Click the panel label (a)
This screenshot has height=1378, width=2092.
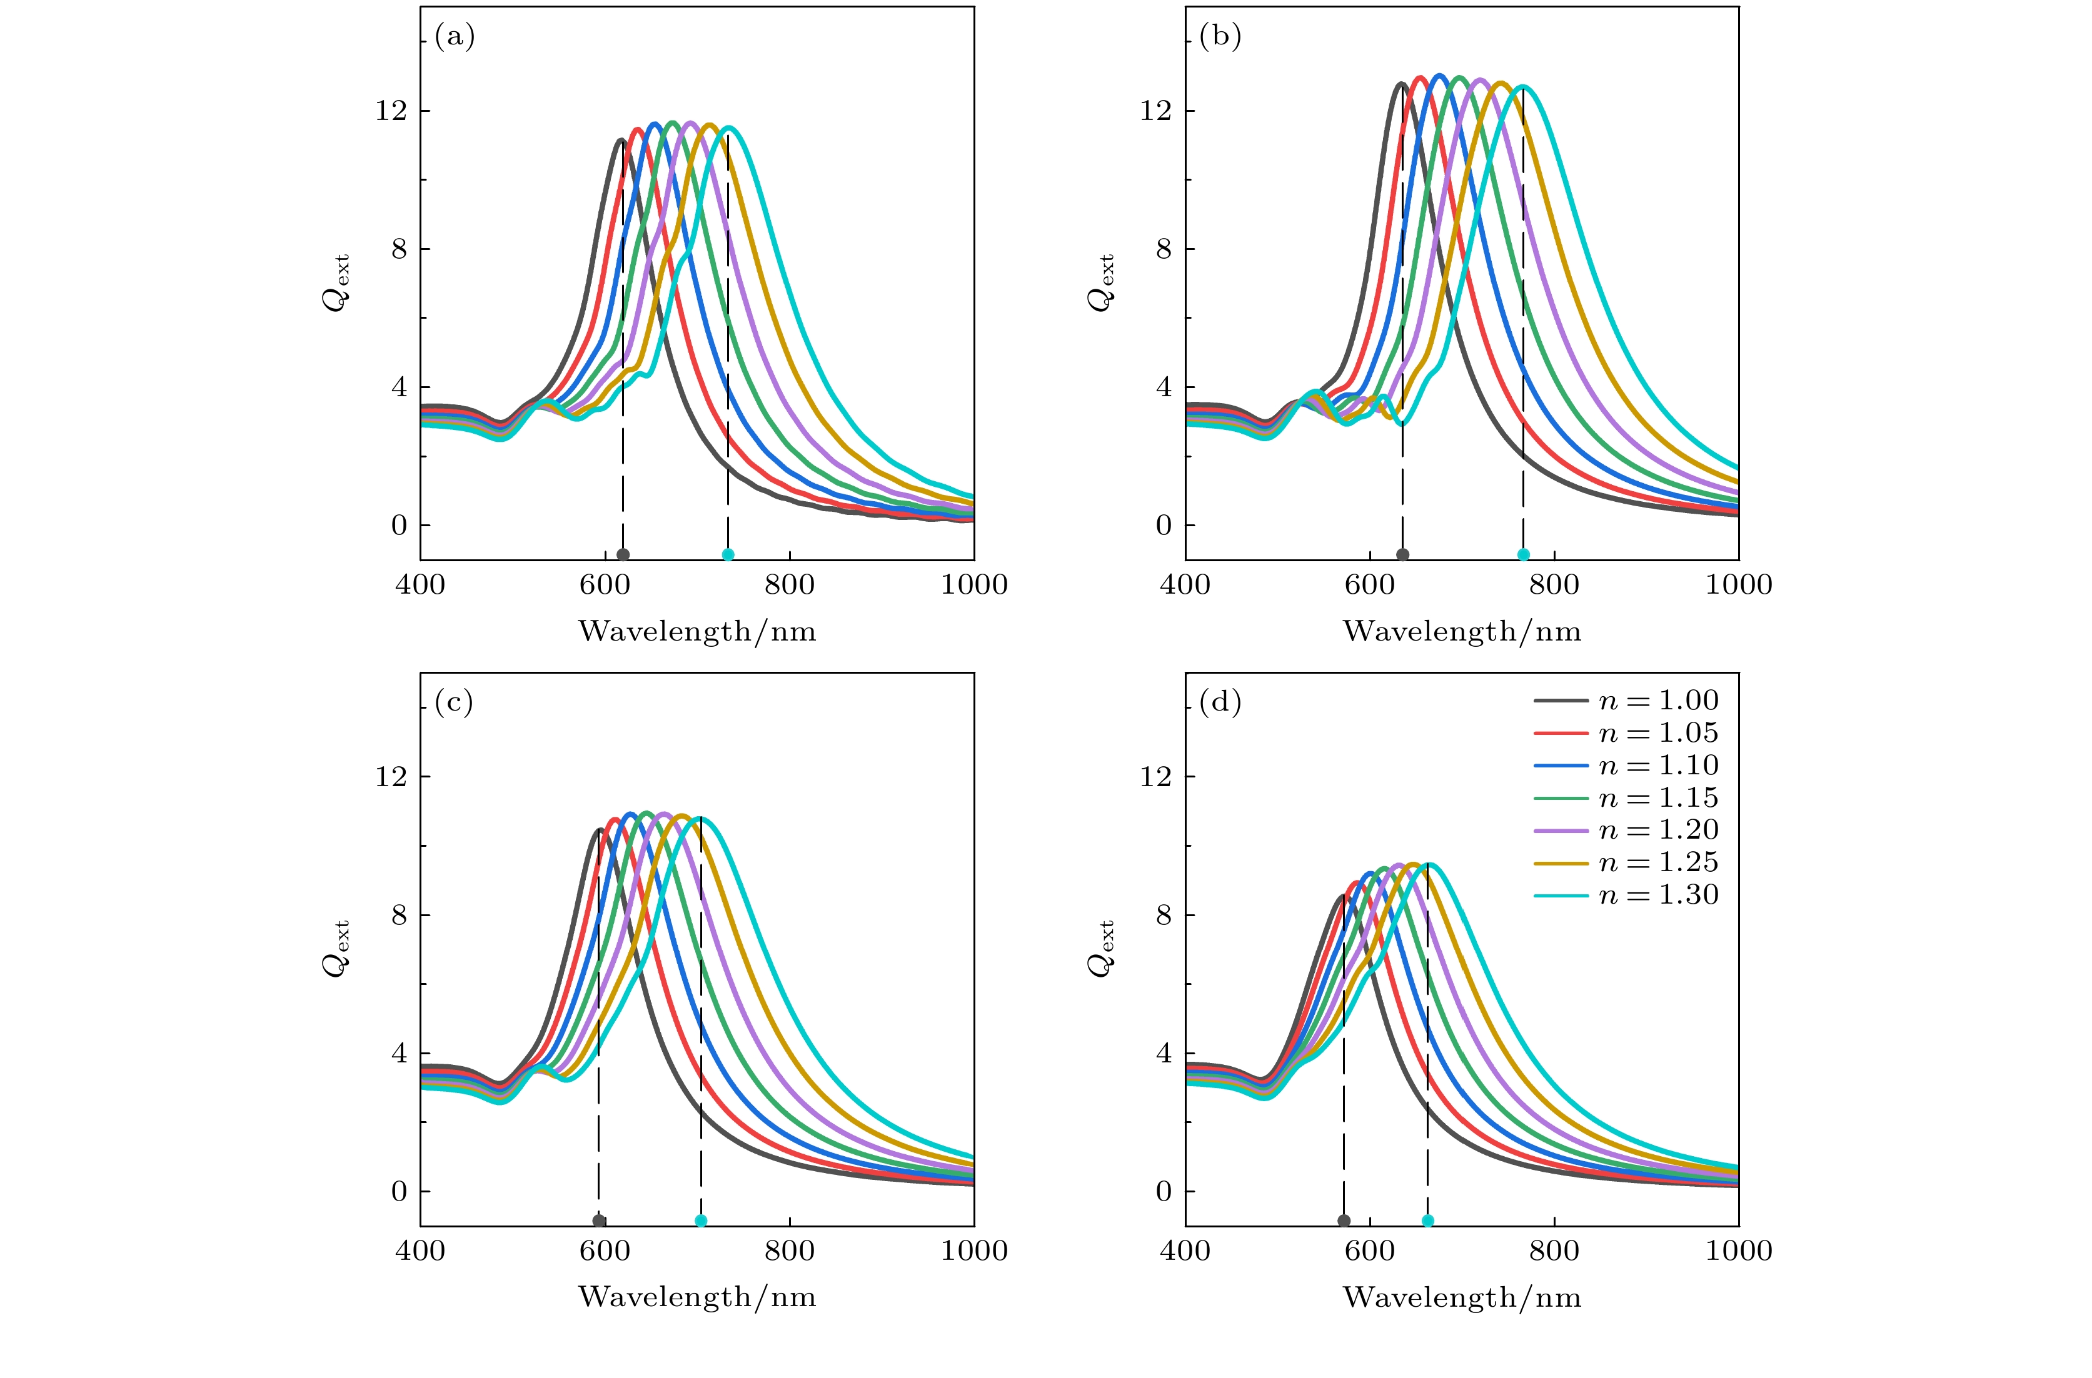[455, 37]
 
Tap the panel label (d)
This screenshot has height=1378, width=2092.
[1220, 702]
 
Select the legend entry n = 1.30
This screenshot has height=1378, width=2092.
[1626, 896]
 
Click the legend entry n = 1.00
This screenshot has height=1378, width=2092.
[1626, 701]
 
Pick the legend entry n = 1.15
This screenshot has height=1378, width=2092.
[1626, 798]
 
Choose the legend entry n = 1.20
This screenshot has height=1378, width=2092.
[1626, 831]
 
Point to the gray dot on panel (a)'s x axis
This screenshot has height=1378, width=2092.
[623, 554]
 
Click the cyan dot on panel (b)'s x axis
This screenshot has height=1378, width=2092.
[1523, 554]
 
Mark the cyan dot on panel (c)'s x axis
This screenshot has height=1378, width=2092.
[700, 1221]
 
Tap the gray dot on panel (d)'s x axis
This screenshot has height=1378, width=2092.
[1343, 1221]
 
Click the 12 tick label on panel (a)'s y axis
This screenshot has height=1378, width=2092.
[391, 111]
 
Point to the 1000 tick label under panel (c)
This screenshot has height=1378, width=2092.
[974, 1251]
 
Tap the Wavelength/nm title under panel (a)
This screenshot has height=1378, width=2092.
[697, 632]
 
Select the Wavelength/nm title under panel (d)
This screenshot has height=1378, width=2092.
[1462, 1298]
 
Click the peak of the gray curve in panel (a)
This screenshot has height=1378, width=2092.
[621, 140]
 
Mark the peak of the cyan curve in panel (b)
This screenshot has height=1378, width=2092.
[1522, 86]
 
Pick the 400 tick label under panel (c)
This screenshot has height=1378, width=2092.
[420, 1251]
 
